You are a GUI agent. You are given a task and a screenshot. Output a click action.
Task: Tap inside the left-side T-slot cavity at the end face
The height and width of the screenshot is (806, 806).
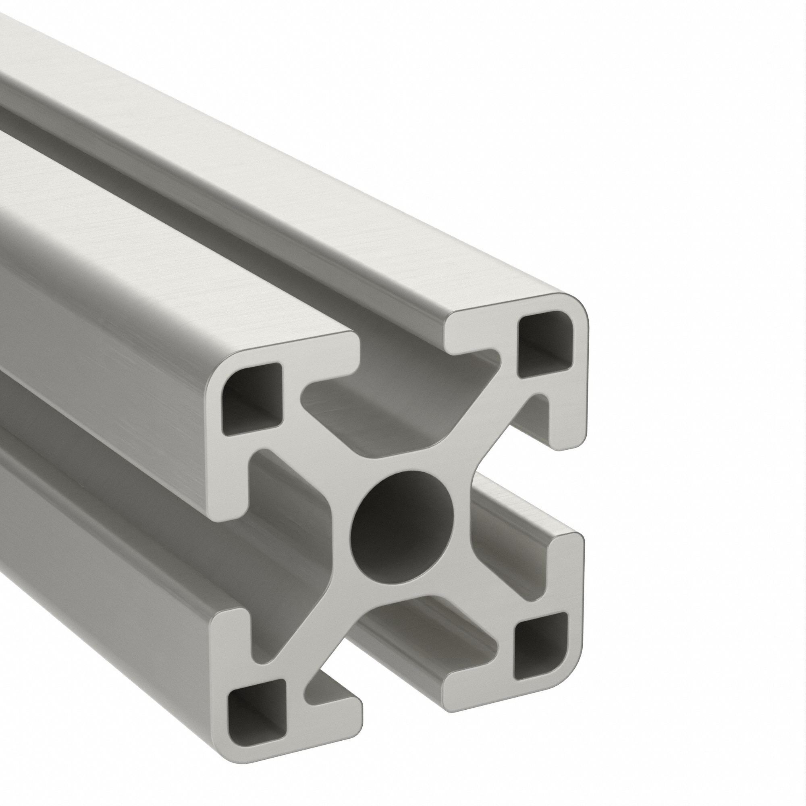point(288,550)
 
